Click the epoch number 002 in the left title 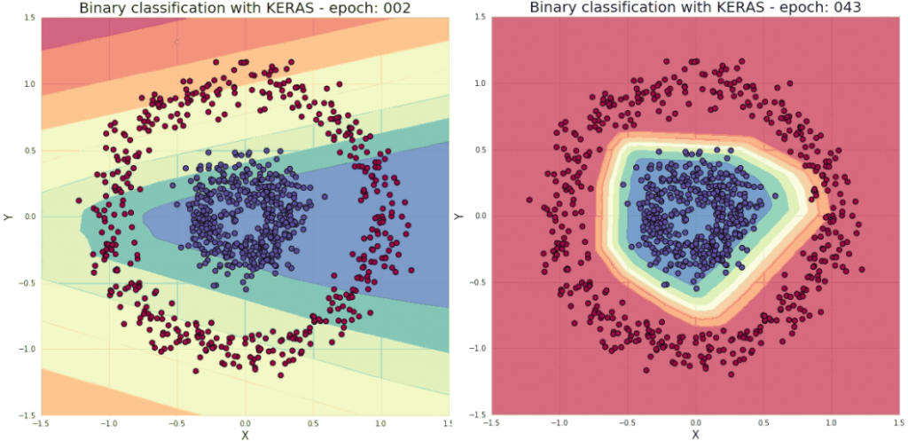pyautogui.click(x=395, y=8)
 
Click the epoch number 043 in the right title pyautogui.click(x=845, y=8)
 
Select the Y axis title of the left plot pyautogui.click(x=9, y=217)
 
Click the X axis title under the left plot pyautogui.click(x=245, y=435)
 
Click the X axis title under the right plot pyautogui.click(x=695, y=435)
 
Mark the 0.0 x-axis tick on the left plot pyautogui.click(x=245, y=423)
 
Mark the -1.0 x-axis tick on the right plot pyautogui.click(x=559, y=423)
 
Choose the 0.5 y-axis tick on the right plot pyautogui.click(x=478, y=150)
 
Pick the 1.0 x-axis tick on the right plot pyautogui.click(x=831, y=423)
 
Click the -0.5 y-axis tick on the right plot pyautogui.click(x=476, y=283)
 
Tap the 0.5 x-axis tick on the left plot pyautogui.click(x=313, y=423)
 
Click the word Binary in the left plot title pyautogui.click(x=104, y=8)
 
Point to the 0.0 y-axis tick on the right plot pyautogui.click(x=478, y=217)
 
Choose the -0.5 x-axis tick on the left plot pyautogui.click(x=176, y=423)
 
